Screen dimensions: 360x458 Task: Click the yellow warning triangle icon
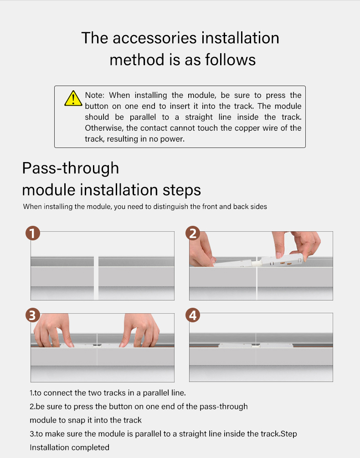73,98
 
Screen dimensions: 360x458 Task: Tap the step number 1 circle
33,233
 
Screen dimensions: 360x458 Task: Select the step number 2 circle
193,233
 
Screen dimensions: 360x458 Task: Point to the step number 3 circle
33,315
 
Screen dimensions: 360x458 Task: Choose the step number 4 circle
193,315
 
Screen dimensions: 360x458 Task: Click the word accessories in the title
154,38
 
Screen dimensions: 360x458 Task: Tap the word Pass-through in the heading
71,168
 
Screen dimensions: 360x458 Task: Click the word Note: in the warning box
94,95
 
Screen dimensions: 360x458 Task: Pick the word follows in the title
231,60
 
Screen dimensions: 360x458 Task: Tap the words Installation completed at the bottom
70,448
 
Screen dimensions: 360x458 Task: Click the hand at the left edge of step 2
202,250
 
